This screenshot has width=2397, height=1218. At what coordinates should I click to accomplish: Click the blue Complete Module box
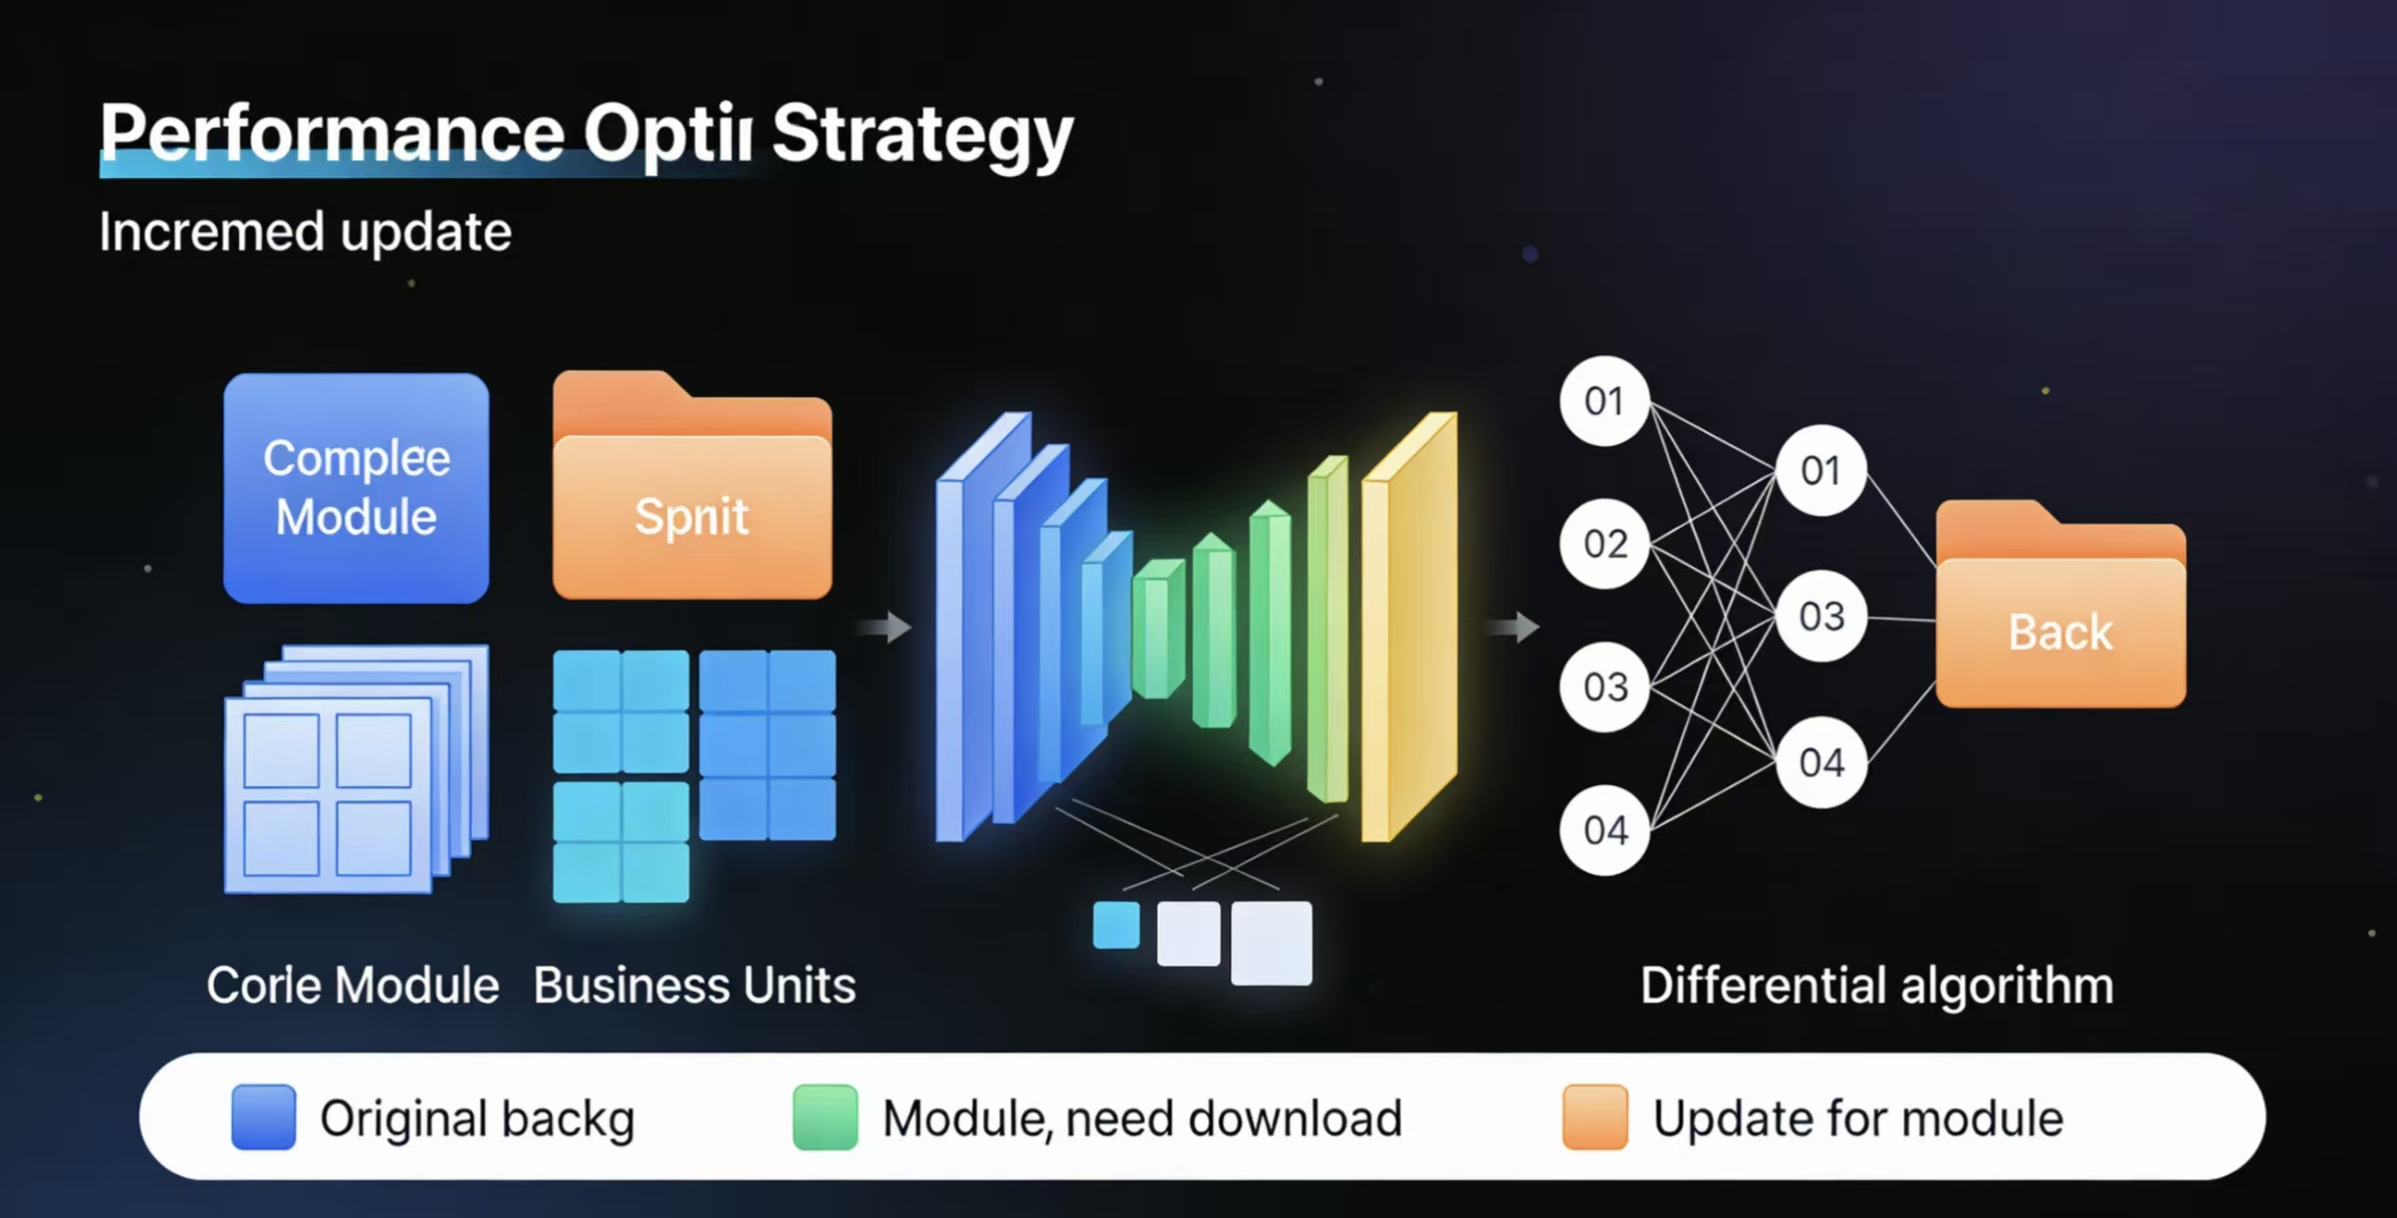tap(356, 487)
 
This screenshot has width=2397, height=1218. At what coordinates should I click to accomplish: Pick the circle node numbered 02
tap(1604, 543)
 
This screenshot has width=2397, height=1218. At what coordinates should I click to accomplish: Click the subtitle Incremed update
tap(305, 232)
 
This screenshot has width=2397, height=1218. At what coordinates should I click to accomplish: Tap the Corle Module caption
tap(352, 985)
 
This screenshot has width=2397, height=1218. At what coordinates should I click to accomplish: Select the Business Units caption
tap(694, 985)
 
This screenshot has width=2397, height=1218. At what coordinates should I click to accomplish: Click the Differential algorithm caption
tap(1876, 985)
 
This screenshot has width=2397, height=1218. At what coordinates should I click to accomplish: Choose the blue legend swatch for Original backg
tap(264, 1117)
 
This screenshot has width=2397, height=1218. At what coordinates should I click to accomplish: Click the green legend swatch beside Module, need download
tap(825, 1117)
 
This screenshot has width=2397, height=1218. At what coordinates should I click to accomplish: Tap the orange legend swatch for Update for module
tap(1595, 1117)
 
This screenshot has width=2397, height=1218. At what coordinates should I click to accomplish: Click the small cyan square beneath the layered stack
tap(1116, 925)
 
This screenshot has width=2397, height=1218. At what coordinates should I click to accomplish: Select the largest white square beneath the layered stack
tap(1271, 943)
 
